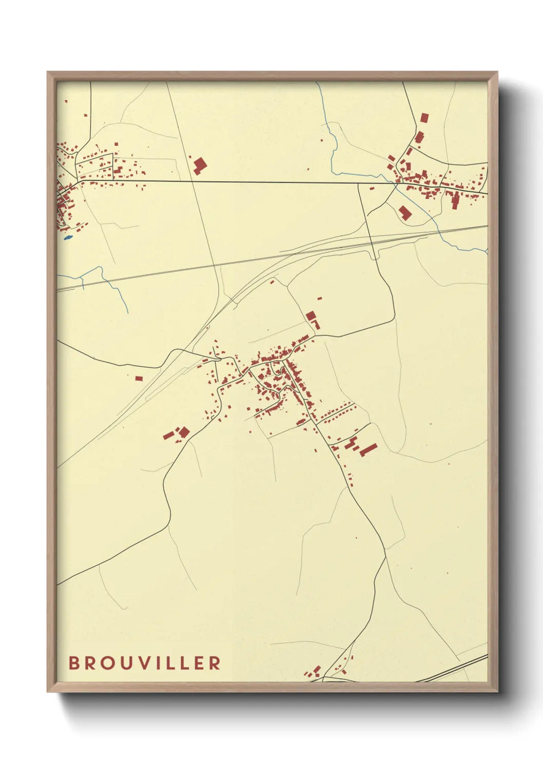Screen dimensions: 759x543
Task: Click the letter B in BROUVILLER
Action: pos(74,663)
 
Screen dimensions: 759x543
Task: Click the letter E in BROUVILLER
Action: pos(199,663)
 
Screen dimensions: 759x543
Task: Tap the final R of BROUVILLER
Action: pos(216,663)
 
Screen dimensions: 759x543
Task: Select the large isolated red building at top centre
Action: pos(200,165)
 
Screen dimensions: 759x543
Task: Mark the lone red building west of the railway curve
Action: pos(139,378)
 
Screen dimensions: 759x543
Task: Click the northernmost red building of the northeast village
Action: pos(424,118)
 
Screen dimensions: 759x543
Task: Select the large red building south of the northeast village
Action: pos(405,212)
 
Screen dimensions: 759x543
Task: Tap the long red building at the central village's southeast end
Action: pos(368,450)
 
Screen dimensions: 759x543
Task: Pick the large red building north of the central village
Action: pos(311,315)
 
